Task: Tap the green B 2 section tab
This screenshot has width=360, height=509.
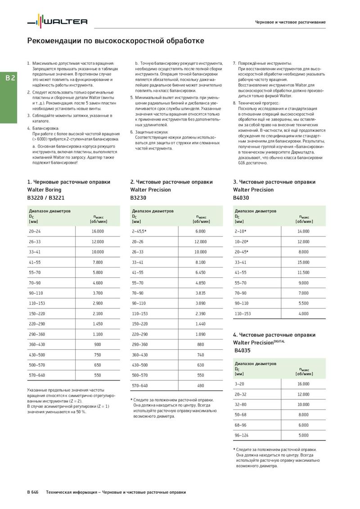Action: click(10, 78)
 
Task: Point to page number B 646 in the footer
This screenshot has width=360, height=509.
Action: click(33, 492)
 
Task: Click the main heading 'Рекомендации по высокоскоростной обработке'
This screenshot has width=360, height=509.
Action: click(116, 41)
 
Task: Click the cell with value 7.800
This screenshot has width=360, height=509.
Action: click(98, 262)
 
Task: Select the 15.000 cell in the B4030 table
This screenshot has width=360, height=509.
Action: click(303, 262)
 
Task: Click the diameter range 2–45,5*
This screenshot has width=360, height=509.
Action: click(139, 231)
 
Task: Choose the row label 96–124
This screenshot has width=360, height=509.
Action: click(242, 435)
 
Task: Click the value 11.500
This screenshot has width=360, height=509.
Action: click(303, 272)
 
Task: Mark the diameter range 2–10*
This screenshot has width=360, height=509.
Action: click(241, 231)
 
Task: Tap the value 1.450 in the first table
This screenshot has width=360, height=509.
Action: click(98, 324)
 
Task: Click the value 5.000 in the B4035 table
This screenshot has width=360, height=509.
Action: click(303, 435)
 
